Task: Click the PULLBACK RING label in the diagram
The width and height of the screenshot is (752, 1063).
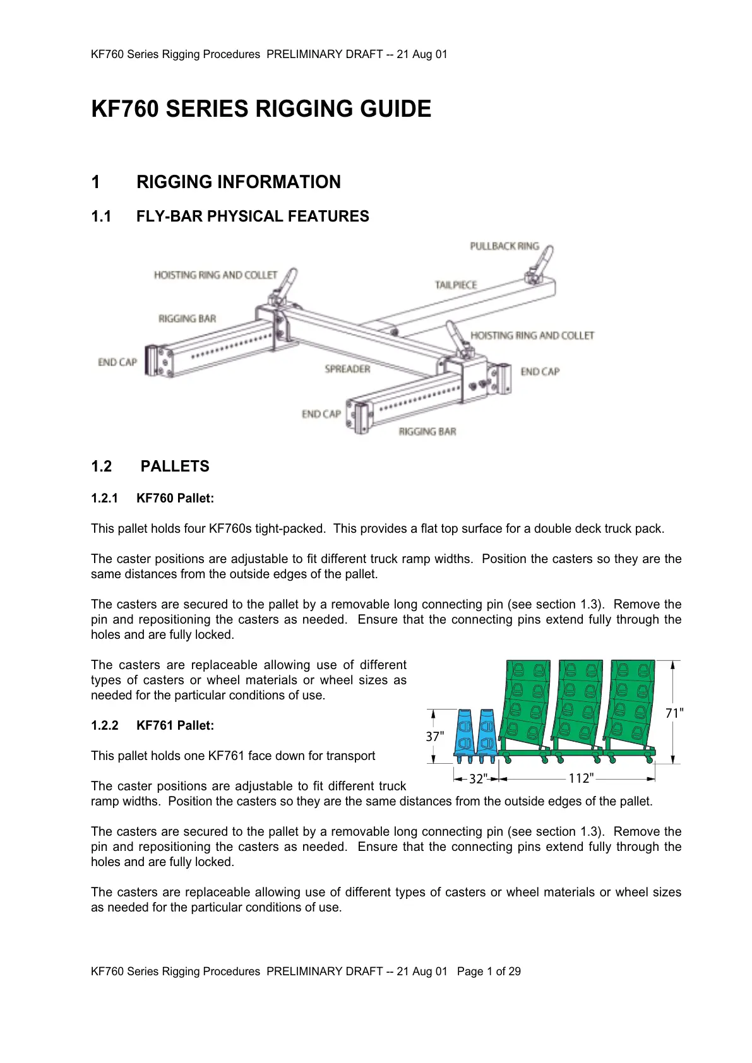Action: click(504, 246)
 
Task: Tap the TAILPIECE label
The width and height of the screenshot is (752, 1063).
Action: click(455, 285)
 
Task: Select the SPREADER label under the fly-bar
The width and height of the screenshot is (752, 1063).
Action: click(347, 369)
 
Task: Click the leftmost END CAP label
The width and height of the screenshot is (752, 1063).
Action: click(117, 362)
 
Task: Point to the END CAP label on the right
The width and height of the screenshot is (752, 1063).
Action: click(540, 372)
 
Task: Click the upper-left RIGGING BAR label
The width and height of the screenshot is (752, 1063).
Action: click(187, 319)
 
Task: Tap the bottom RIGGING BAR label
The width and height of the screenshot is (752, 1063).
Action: click(427, 432)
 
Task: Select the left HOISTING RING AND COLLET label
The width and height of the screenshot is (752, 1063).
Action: click(215, 275)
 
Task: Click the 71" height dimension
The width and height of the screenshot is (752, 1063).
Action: click(674, 713)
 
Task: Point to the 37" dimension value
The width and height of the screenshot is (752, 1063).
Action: click(434, 737)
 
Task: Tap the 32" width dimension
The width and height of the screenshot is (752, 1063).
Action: click(478, 779)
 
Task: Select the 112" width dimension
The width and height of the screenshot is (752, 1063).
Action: click(580, 778)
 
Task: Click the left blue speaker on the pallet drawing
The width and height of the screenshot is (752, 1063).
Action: click(465, 732)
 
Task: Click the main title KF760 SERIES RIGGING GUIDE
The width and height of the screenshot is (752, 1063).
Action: click(261, 109)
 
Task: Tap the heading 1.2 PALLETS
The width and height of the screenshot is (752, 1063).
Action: click(150, 466)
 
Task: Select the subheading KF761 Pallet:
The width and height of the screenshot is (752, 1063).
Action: click(175, 726)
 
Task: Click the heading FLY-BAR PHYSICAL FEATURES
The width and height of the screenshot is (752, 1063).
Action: click(253, 217)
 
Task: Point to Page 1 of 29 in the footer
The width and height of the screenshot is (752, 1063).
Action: click(489, 971)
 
